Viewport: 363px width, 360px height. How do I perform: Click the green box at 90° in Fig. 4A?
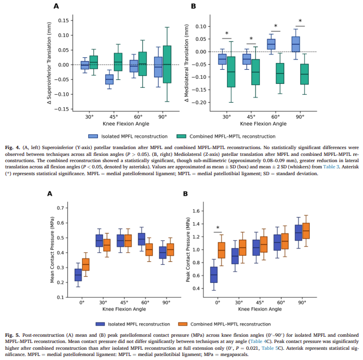click(167, 64)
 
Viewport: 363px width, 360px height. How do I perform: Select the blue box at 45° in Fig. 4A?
click(109, 79)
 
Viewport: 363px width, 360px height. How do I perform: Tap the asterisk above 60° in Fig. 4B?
click(275, 26)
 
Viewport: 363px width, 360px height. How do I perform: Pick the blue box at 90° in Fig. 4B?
click(296, 44)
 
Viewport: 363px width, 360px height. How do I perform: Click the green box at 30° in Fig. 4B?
click(231, 72)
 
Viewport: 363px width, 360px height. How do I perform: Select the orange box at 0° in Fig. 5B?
click(221, 251)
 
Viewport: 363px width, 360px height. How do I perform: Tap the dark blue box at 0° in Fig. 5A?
click(78, 275)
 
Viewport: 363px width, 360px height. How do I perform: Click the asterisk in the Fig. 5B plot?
click(217, 228)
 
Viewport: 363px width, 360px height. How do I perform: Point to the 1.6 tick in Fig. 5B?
click(197, 211)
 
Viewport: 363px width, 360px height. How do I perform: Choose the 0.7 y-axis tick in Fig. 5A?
click(61, 208)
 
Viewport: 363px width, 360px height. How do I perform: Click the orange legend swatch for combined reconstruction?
click(183, 324)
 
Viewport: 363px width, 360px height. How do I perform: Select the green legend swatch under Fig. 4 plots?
click(181, 136)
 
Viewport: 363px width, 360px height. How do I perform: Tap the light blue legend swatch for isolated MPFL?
click(93, 136)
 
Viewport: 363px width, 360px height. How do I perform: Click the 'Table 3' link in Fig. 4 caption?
click(331, 167)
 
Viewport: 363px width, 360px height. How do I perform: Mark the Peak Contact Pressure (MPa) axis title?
click(188, 249)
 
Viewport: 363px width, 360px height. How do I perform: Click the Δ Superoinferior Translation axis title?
click(49, 63)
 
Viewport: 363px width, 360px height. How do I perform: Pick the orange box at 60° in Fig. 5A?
click(149, 249)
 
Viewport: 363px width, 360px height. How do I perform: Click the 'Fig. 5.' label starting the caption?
click(12, 335)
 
